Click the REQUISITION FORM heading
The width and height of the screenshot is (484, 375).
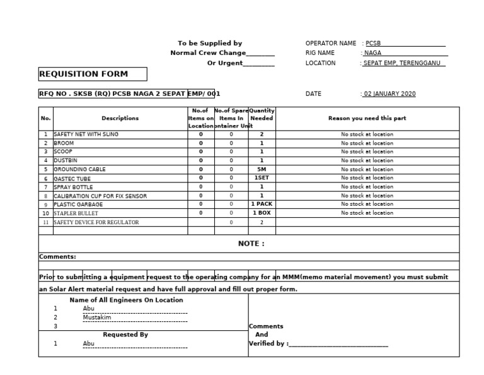83,74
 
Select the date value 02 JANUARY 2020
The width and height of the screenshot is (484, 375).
389,94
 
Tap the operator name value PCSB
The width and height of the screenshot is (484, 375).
374,43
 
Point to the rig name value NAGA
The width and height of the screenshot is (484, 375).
373,53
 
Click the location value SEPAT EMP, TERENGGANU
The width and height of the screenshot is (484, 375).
404,63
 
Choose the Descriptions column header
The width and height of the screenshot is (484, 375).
120,118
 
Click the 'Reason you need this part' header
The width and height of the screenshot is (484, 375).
367,118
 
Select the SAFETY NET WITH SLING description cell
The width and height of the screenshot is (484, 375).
86,134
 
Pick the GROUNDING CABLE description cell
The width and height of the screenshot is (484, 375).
79,169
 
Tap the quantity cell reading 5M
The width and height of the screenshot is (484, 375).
262,169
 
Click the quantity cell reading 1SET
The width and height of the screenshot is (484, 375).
262,178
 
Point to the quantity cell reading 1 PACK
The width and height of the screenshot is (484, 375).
262,204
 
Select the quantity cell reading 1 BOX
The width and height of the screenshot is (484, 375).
262,213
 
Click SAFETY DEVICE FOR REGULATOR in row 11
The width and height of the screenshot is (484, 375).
96,222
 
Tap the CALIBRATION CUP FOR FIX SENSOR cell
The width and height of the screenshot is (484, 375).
100,196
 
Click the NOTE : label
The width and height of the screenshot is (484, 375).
251,244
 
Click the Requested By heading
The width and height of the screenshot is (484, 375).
125,335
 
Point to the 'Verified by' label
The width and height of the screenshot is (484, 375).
269,344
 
